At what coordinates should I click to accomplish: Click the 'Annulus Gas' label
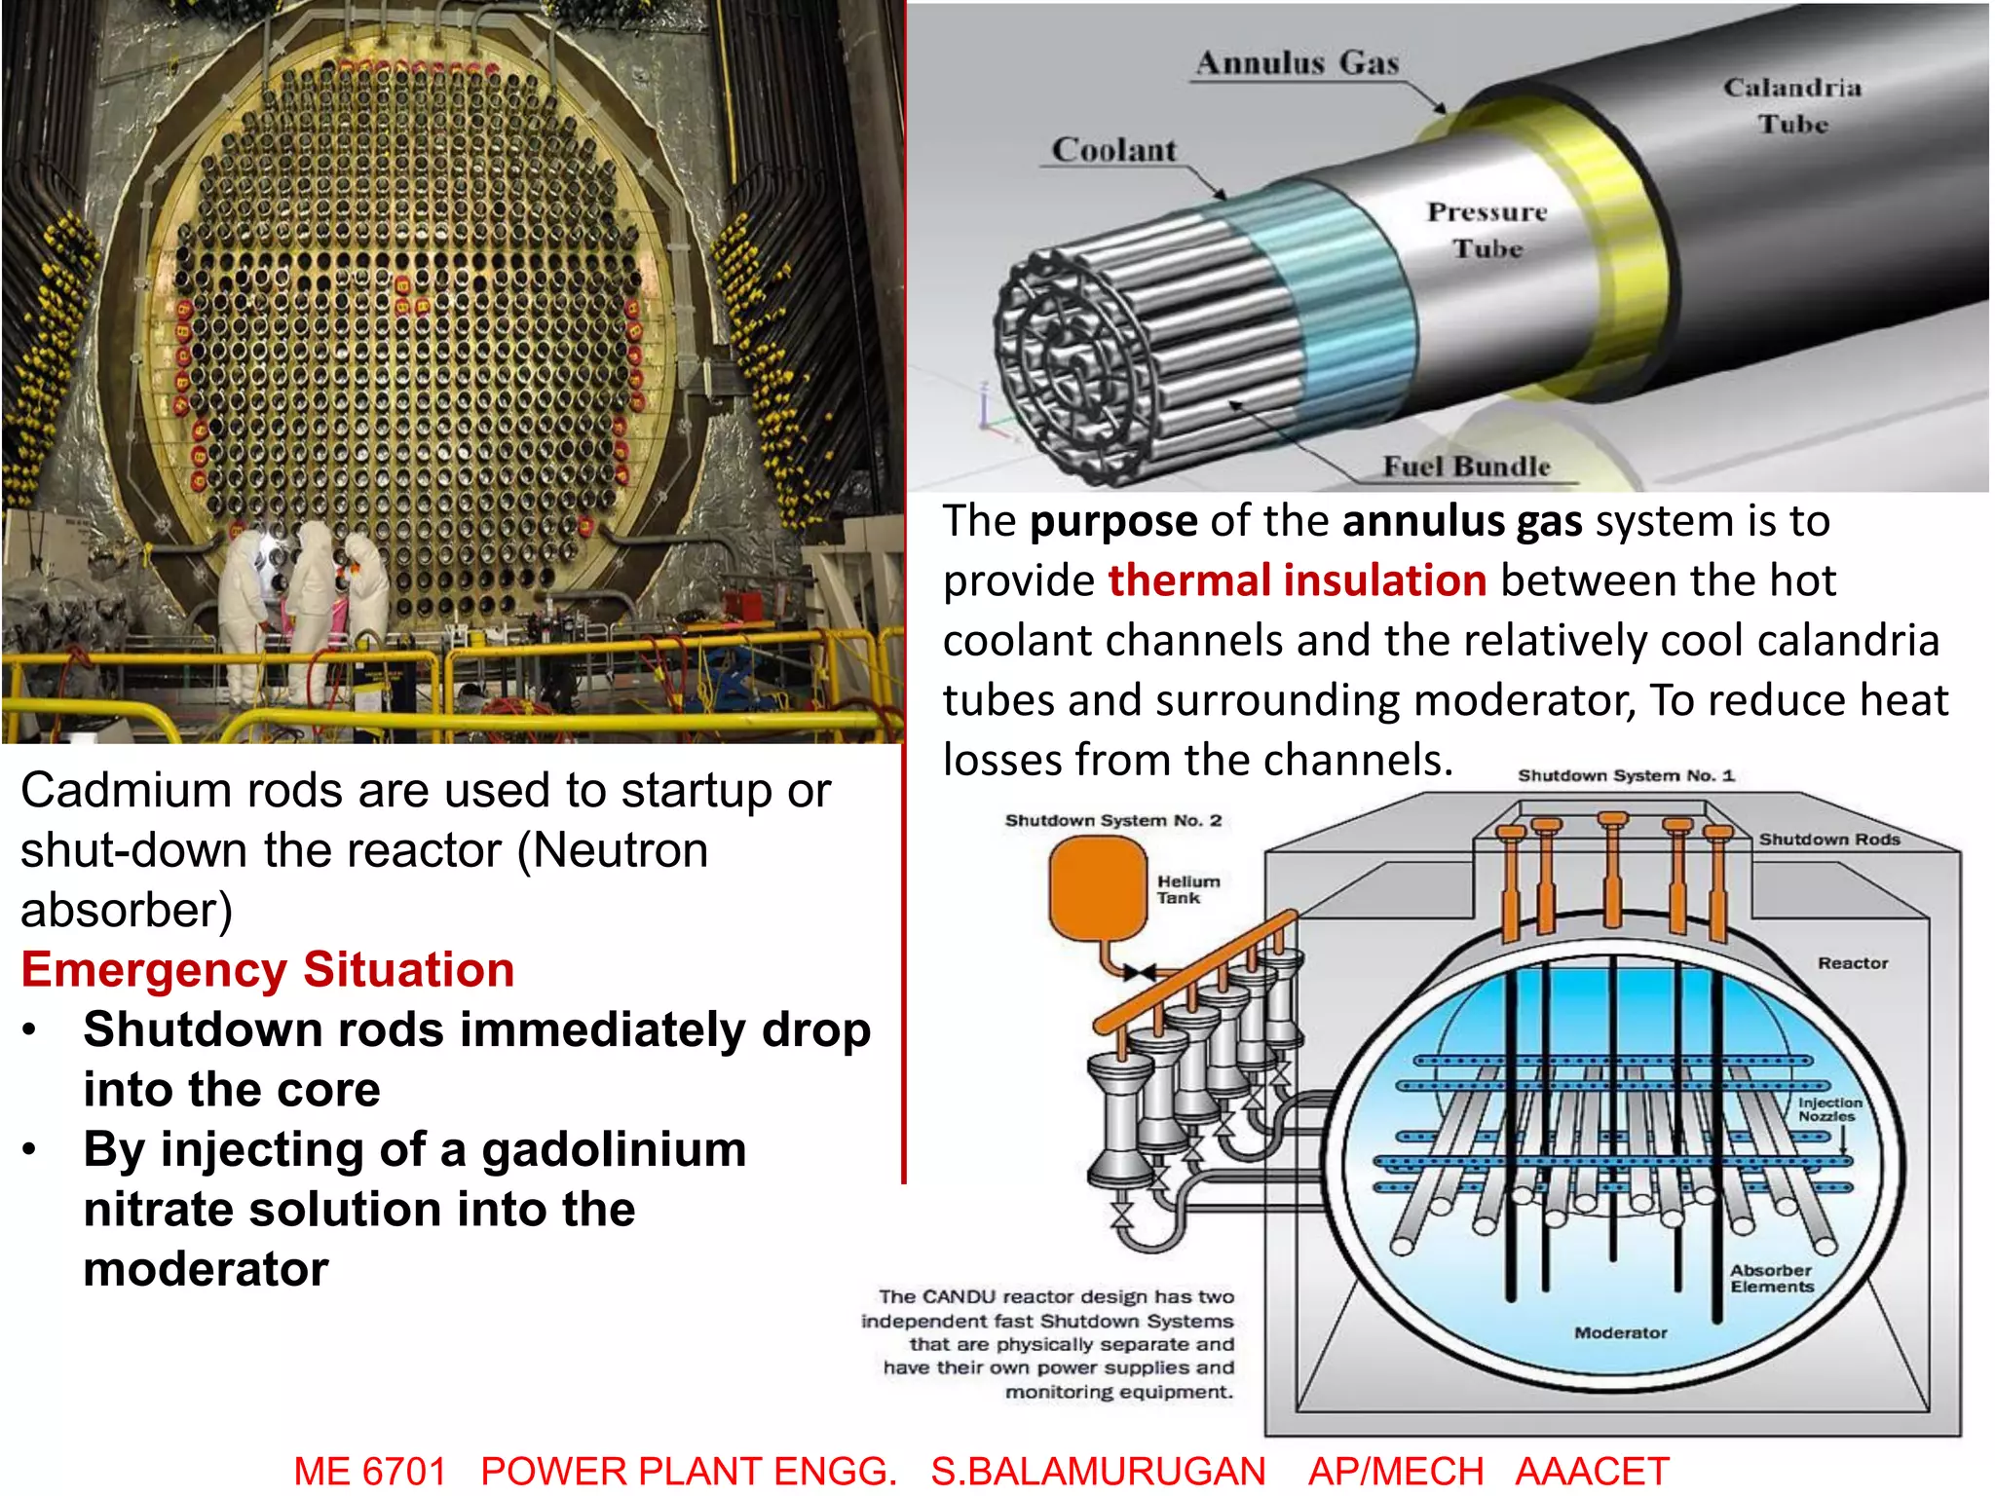pos(1298,63)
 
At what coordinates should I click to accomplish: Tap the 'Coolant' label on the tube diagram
pos(1114,150)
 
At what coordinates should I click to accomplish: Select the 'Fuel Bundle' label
pos(1466,467)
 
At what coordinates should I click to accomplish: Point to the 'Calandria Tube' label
pos(1792,105)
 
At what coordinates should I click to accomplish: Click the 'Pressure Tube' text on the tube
pos(1487,230)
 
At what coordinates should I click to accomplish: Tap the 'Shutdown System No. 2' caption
pos(1112,820)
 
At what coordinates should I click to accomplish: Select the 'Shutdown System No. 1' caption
pos(1626,775)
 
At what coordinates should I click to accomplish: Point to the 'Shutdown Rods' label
pos(1829,840)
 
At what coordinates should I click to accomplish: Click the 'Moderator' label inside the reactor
pos(1621,1332)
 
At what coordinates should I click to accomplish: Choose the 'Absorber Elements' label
pos(1772,1278)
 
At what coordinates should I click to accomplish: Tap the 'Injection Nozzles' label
pos(1829,1109)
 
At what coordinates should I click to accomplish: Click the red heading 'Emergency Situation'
pos(268,970)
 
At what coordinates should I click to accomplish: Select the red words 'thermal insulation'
pos(1298,580)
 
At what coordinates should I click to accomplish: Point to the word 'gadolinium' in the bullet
pos(614,1149)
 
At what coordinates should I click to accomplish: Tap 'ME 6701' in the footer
pos(370,1471)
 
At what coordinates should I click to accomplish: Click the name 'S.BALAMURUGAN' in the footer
pos(1098,1471)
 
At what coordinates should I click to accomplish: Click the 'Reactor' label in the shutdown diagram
pos(1853,963)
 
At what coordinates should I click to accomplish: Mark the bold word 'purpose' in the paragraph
pos(1113,521)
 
